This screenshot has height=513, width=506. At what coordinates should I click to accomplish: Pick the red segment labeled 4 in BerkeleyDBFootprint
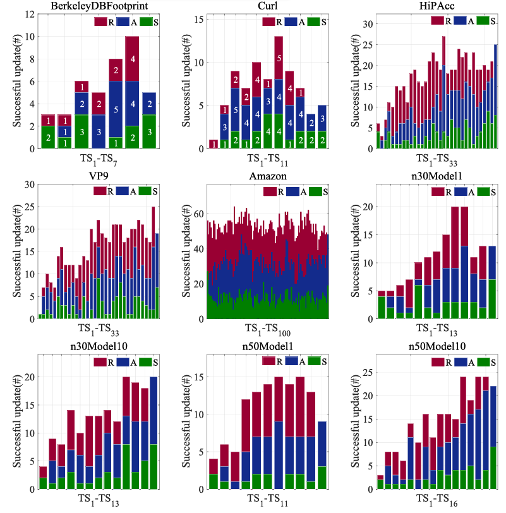tap(132, 59)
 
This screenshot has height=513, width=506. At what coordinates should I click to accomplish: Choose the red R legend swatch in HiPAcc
tap(437, 20)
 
